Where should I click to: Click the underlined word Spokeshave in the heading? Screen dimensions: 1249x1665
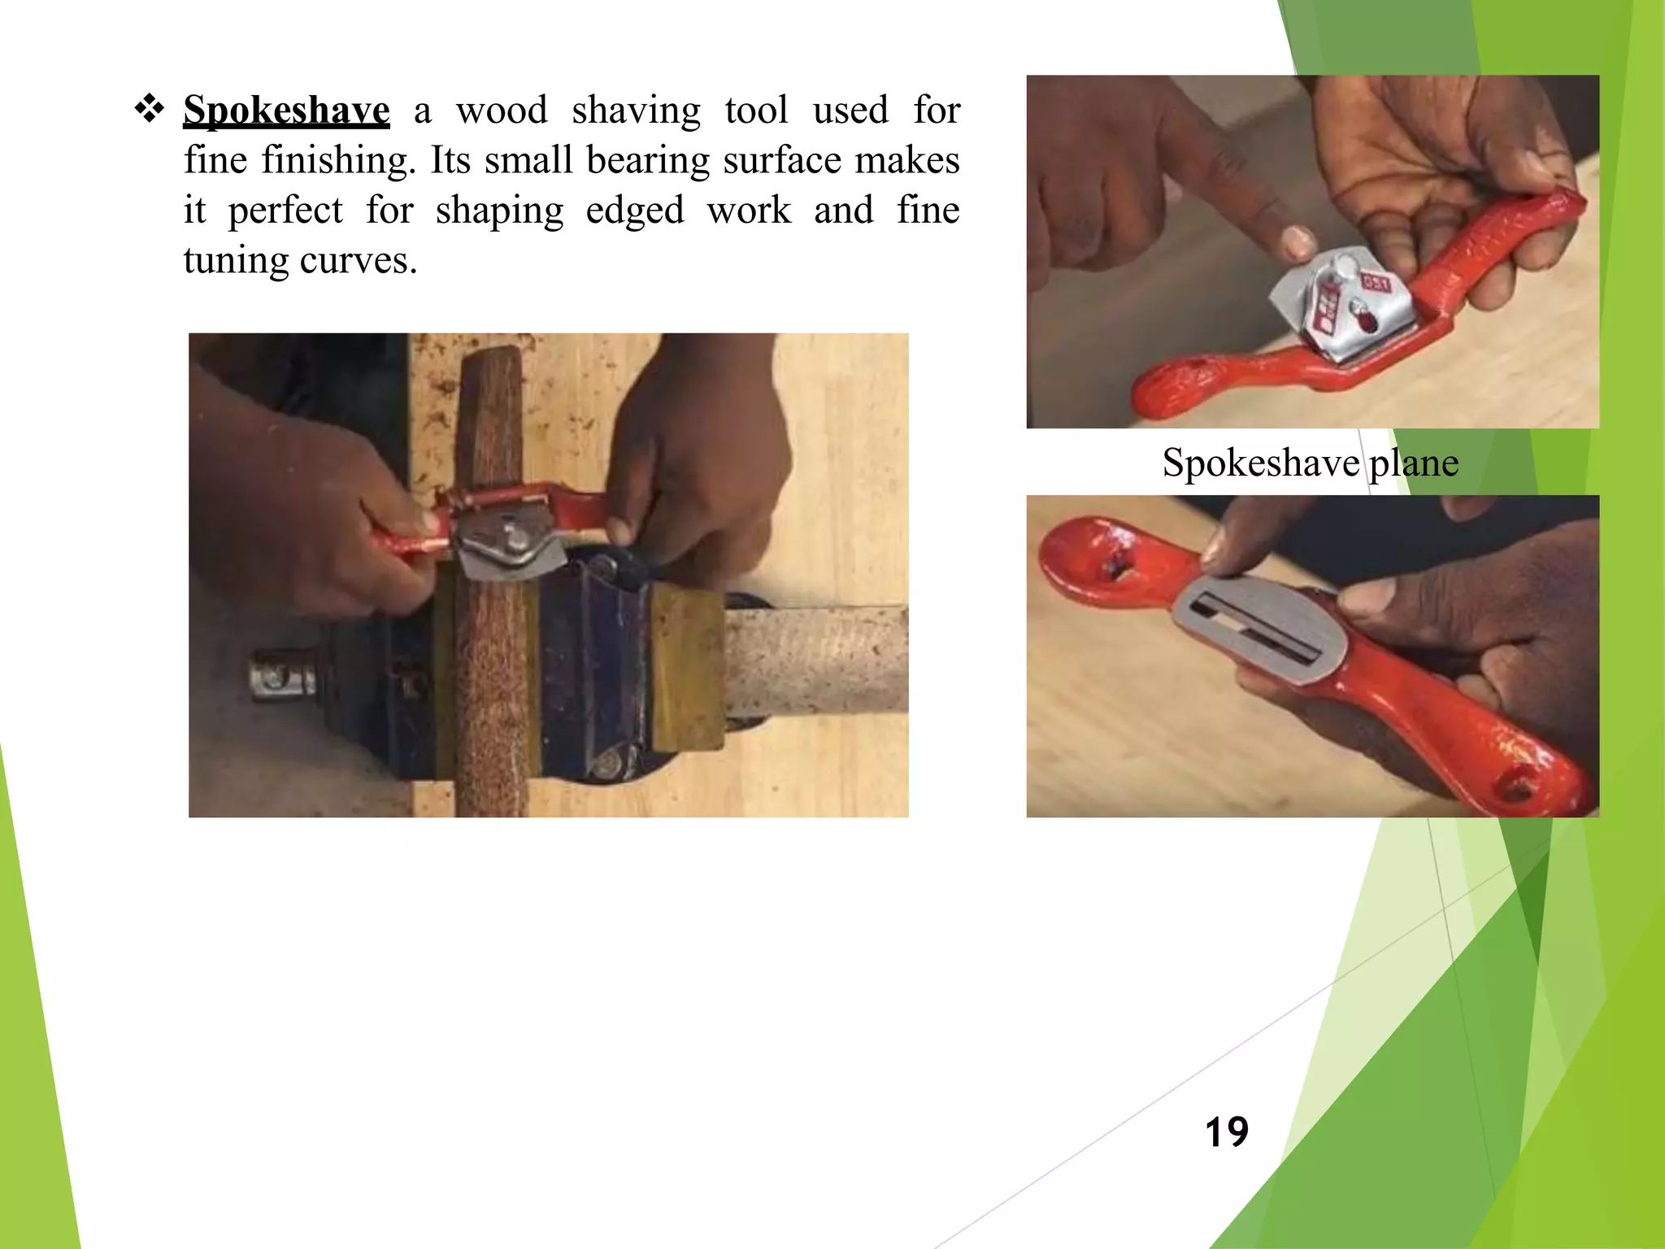tap(286, 110)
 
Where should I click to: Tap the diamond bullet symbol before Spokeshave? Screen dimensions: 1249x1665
tap(150, 108)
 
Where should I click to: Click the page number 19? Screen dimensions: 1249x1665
tap(1226, 1132)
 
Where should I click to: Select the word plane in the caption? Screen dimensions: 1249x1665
tap(1414, 463)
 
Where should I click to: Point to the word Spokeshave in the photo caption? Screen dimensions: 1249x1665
tap(1260, 463)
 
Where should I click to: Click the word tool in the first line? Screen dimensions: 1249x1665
tap(756, 110)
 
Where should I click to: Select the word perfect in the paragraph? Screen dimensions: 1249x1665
tap(285, 211)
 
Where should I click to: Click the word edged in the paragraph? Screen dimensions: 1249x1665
tap(635, 211)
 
